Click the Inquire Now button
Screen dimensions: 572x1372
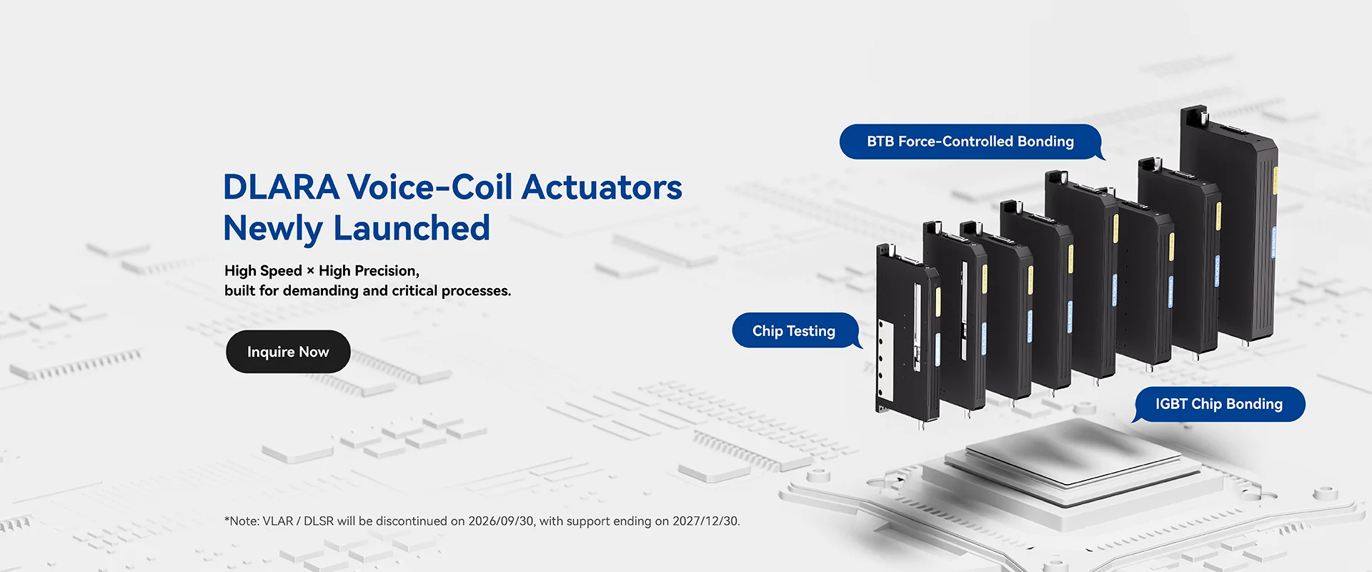288,352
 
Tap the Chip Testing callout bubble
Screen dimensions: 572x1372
794,331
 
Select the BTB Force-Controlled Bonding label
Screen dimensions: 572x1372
970,142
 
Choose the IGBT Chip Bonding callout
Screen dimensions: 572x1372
1218,404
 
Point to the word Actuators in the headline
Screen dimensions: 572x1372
602,187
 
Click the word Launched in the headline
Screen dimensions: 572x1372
412,229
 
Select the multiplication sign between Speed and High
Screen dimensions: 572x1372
310,271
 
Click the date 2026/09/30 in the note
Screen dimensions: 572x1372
501,521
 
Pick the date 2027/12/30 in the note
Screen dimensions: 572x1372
705,521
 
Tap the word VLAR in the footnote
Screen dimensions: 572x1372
278,521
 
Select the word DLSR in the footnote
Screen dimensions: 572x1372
319,521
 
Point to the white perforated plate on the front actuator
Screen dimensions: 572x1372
885,361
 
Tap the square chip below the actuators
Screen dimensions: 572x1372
1072,454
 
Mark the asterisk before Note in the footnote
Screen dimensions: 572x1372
227,520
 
